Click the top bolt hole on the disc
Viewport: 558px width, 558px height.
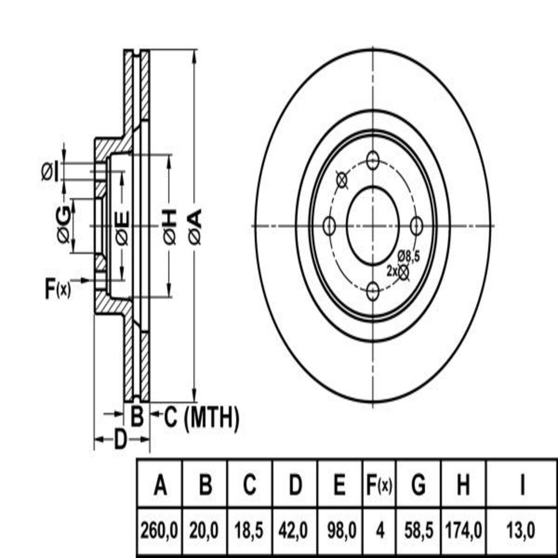[x=372, y=159]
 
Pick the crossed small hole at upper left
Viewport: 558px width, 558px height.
[x=342, y=180]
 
